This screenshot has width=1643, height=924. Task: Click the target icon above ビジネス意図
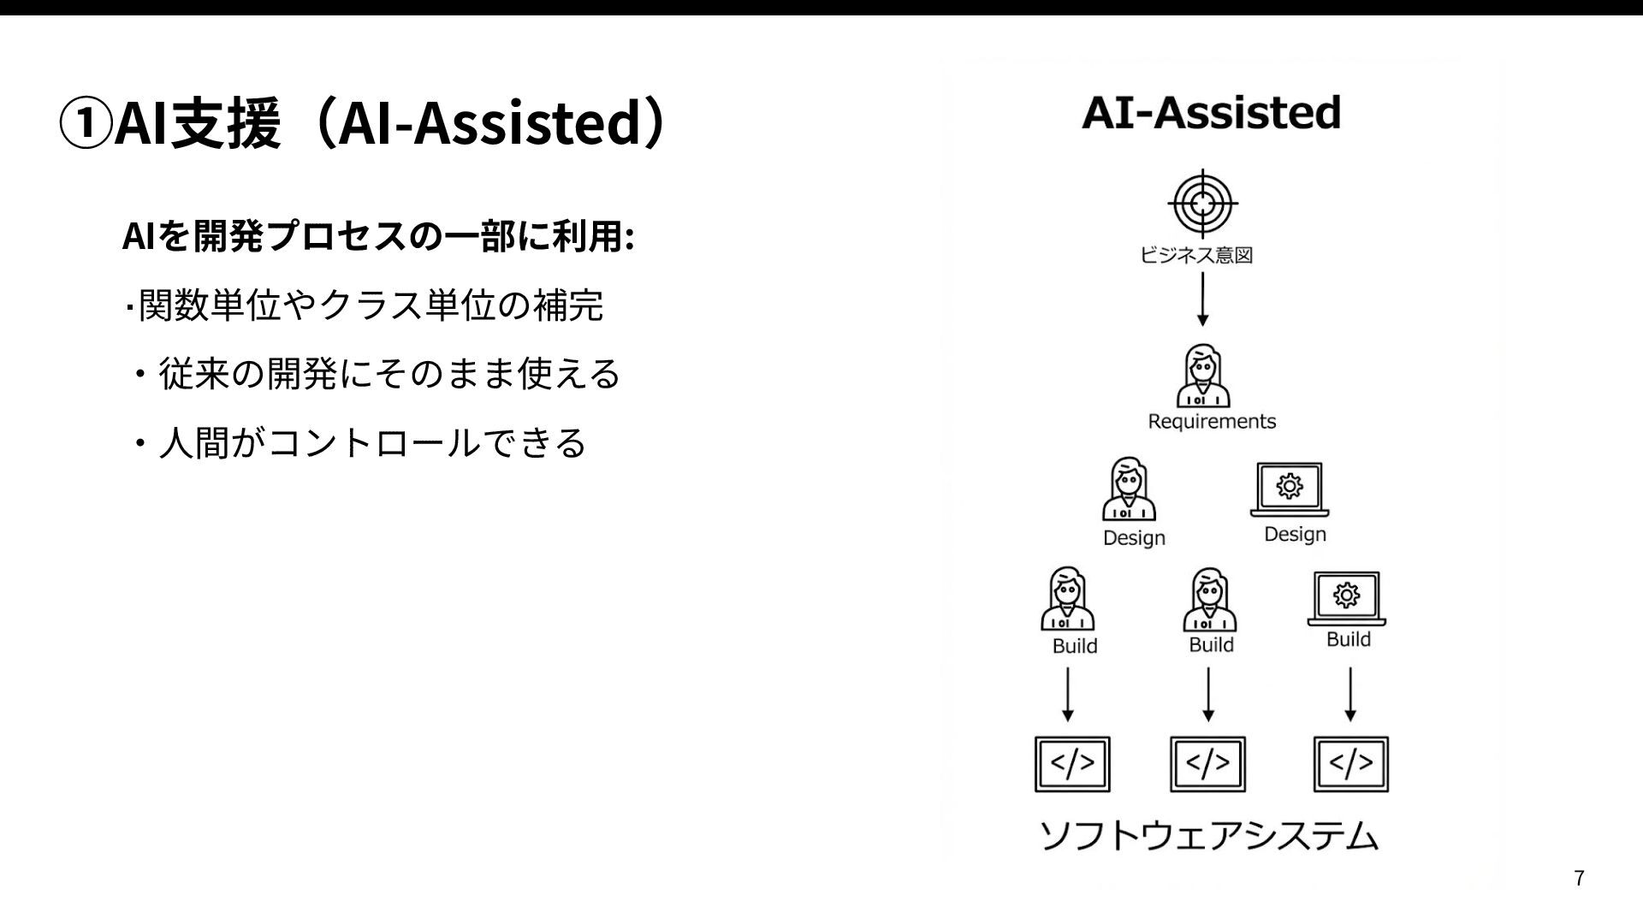click(x=1202, y=204)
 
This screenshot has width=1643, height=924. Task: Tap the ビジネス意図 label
click(x=1196, y=255)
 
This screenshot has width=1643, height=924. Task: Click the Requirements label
click(x=1211, y=421)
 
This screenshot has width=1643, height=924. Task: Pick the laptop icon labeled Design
click(x=1290, y=489)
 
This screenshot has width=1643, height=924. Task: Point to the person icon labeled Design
click(x=1129, y=489)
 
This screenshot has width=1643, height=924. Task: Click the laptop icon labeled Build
click(x=1347, y=598)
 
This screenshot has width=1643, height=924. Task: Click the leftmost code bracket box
click(x=1072, y=764)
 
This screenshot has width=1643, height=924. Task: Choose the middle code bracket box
click(x=1207, y=764)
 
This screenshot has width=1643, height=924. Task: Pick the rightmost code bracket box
click(x=1351, y=764)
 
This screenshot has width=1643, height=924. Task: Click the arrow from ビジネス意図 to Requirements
click(x=1202, y=299)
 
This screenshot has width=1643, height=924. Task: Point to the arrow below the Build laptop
click(x=1350, y=695)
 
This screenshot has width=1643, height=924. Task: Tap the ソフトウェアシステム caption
click(x=1208, y=836)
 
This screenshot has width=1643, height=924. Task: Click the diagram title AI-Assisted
click(x=1211, y=113)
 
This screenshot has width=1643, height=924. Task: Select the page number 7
click(x=1579, y=878)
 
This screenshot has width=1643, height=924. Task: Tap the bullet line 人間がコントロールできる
click(x=371, y=443)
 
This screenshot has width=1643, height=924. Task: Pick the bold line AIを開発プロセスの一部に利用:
click(x=378, y=237)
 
